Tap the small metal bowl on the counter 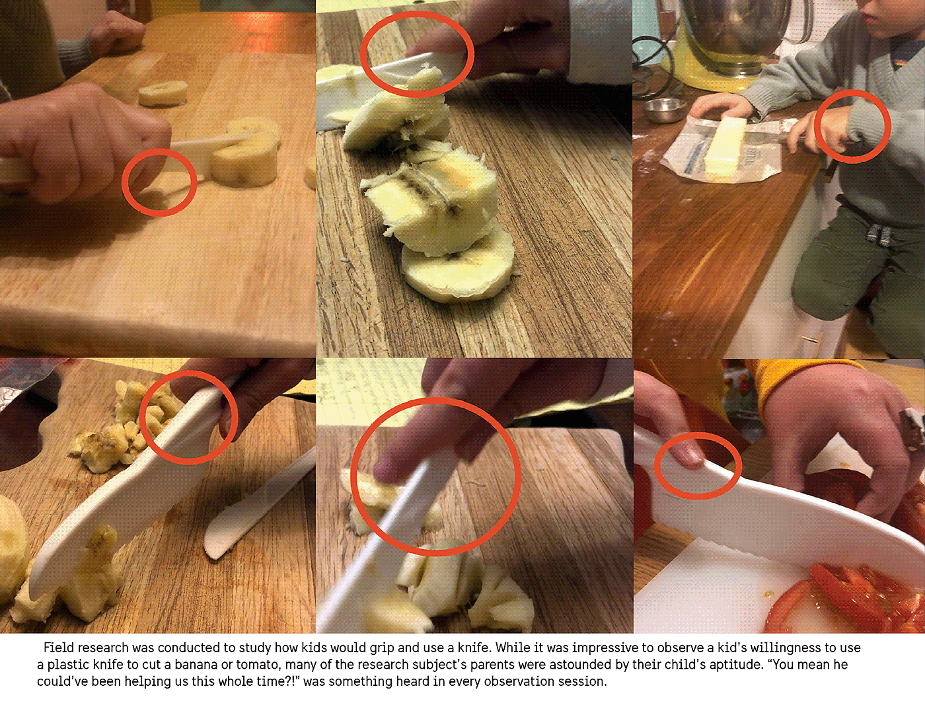pyautogui.click(x=663, y=110)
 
